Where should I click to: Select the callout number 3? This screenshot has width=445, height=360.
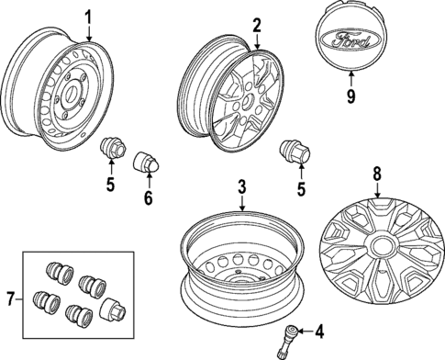(241, 186)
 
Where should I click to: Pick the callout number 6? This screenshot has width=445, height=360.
(147, 198)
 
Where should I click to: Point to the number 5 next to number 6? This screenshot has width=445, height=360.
(109, 186)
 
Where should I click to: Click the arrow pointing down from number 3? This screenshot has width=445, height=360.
(241, 204)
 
